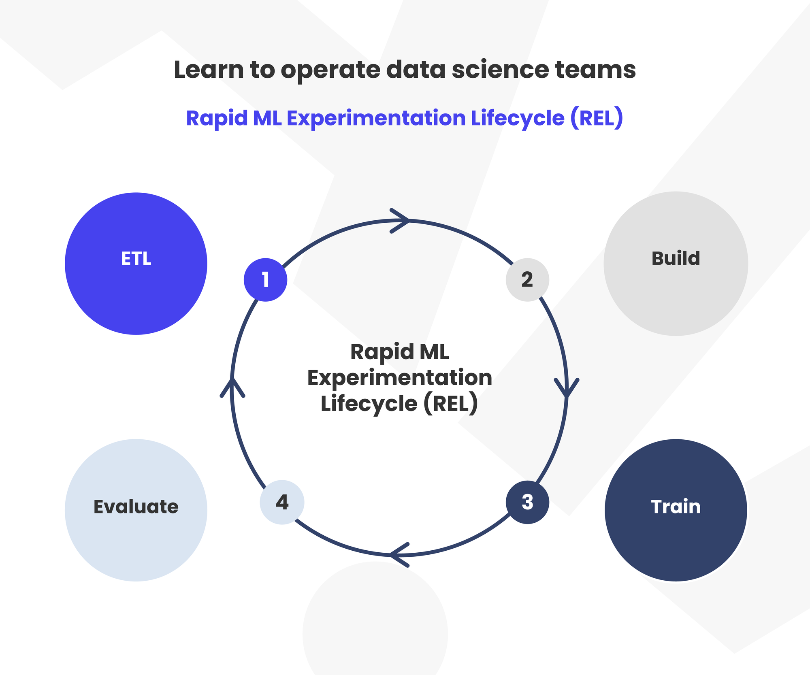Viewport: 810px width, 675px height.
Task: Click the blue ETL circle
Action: pos(136,264)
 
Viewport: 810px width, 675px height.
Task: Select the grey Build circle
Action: pos(676,264)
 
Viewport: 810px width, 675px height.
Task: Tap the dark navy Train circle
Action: pos(676,510)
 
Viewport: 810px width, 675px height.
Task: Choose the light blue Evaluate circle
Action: pos(136,510)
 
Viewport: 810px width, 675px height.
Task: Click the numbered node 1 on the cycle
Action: pos(265,280)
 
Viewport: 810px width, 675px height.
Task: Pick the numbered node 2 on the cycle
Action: pos(527,280)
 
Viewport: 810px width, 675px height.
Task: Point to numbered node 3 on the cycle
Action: pos(527,502)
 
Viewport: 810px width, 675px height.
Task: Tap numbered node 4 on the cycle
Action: pos(282,502)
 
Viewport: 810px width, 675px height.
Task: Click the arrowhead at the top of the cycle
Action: pos(400,221)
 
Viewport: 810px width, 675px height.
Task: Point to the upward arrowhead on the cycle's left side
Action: pos(232,388)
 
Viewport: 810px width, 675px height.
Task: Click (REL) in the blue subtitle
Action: pos(597,118)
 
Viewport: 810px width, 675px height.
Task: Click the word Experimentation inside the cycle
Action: pos(400,378)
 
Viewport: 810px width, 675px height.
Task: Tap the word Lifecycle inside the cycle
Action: pos(369,404)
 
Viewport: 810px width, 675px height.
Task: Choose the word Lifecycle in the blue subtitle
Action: pos(518,118)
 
